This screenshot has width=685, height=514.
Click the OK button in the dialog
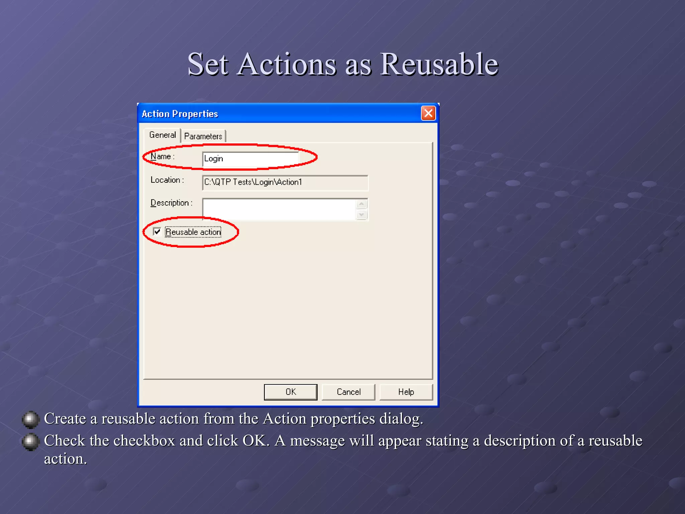tap(290, 392)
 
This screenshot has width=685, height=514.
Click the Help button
tap(406, 392)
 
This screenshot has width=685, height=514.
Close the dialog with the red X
tap(428, 113)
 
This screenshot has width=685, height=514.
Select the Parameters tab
tap(203, 136)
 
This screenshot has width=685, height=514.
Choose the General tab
tap(163, 135)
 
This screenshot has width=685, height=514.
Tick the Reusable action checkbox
tap(157, 232)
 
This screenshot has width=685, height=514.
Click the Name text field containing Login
tap(250, 159)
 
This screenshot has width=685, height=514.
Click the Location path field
tap(285, 182)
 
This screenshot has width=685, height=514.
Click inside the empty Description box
tap(279, 209)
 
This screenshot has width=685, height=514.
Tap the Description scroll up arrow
tap(361, 204)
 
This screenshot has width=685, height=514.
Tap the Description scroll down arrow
tap(361, 215)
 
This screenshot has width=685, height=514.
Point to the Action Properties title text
tap(180, 114)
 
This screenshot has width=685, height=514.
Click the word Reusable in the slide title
tap(439, 64)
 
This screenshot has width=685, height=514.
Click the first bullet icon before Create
tap(30, 419)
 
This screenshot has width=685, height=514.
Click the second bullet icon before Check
tap(30, 441)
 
